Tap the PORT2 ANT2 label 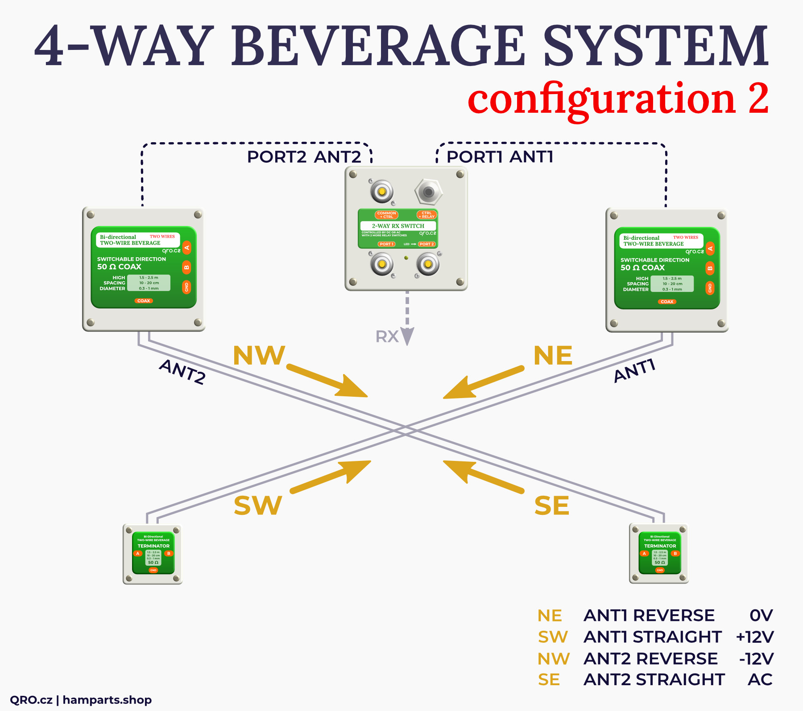[304, 157]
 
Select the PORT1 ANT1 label [500, 157]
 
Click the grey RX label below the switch [387, 337]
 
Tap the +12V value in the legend [755, 637]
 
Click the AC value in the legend [760, 680]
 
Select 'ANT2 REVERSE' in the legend [650, 659]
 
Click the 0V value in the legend [761, 616]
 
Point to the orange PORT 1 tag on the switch [386, 244]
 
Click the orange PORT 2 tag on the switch [426, 244]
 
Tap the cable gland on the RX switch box [428, 192]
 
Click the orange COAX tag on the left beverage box [144, 301]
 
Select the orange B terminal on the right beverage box [710, 268]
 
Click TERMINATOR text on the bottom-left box [153, 546]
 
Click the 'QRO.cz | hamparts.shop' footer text [81, 700]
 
